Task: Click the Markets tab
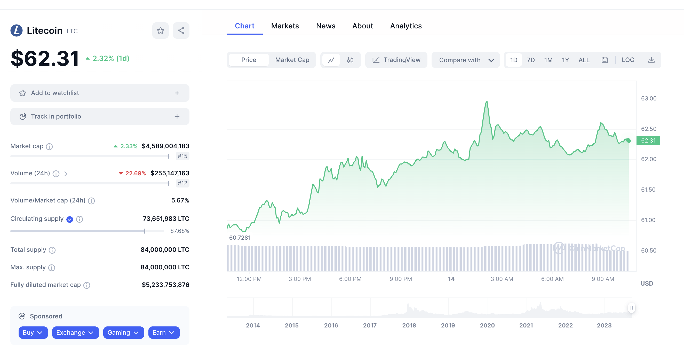pyautogui.click(x=285, y=26)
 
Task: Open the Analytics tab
pyautogui.click(x=405, y=26)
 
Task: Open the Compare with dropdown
pyautogui.click(x=465, y=60)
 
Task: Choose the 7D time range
pyautogui.click(x=530, y=60)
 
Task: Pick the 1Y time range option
pyautogui.click(x=565, y=60)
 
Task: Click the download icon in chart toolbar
pyautogui.click(x=651, y=60)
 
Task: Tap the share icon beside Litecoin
pyautogui.click(x=181, y=30)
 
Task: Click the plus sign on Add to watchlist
pyautogui.click(x=177, y=93)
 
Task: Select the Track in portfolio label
pyautogui.click(x=56, y=116)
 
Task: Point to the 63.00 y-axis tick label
pyautogui.click(x=648, y=99)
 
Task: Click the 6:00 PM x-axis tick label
pyautogui.click(x=350, y=279)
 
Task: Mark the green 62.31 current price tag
pyautogui.click(x=648, y=140)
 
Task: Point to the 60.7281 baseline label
pyautogui.click(x=240, y=238)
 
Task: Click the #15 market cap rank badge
pyautogui.click(x=182, y=156)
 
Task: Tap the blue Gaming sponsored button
pyautogui.click(x=123, y=332)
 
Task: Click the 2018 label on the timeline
pyautogui.click(x=409, y=325)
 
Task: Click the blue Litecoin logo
pyautogui.click(x=17, y=30)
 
